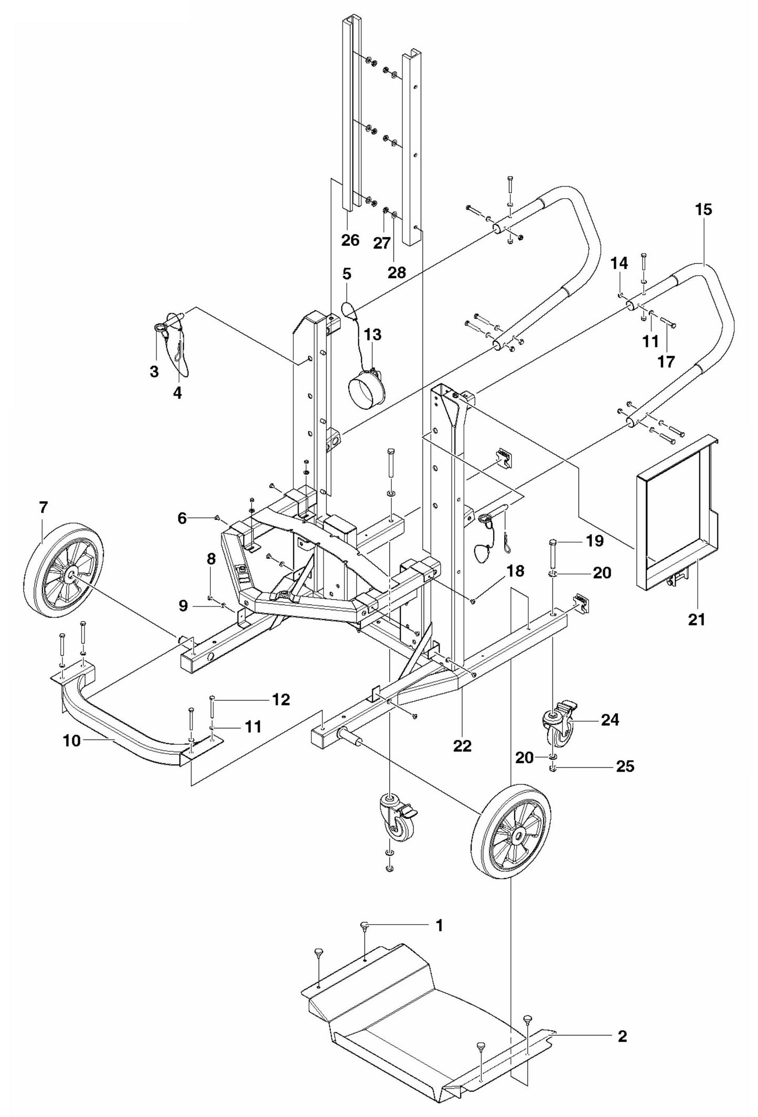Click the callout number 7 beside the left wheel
pos(43,507)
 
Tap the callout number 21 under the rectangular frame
pos(696,620)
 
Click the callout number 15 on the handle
pos(703,210)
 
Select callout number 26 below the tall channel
pos(350,240)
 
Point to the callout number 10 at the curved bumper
pos(73,741)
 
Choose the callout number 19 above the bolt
pos(595,541)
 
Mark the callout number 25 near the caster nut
pos(625,766)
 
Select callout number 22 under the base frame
pos(462,745)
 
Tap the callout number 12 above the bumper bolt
pos(281,699)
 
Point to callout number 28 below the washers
pos(397,272)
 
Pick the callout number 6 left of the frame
pos(182,518)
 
